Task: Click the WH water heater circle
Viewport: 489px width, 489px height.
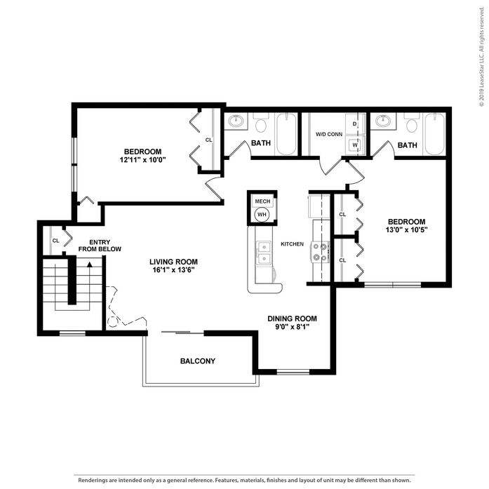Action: [262, 215]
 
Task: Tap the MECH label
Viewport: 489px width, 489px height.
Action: [262, 201]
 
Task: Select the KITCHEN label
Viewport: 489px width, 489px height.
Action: [293, 244]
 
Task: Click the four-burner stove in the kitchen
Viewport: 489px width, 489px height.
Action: [320, 252]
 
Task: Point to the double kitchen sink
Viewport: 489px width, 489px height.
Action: [264, 253]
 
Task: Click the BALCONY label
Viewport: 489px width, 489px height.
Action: [198, 361]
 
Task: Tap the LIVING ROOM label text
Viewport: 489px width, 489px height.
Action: [173, 262]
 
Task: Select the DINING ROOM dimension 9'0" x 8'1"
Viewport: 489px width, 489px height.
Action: [293, 326]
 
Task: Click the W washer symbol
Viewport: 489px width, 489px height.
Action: [355, 145]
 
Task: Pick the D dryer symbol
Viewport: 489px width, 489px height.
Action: [354, 123]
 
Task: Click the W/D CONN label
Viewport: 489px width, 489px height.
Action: [329, 135]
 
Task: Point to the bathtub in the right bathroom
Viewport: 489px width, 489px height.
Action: [435, 134]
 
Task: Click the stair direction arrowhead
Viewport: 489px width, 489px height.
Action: [90, 264]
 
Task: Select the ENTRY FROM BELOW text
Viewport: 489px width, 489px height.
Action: [100, 246]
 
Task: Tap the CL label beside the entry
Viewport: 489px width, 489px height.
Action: [56, 241]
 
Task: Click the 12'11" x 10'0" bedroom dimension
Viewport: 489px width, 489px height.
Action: [142, 160]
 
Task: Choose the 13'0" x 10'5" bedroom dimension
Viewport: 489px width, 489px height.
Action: [406, 230]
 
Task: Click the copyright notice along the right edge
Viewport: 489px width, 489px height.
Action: [482, 56]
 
